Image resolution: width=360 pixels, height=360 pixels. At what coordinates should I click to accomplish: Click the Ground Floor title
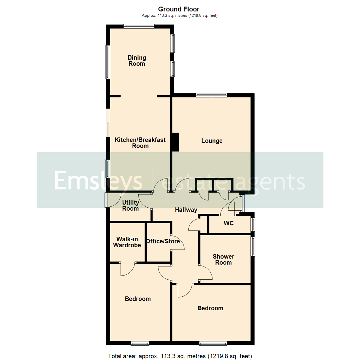pos(179,9)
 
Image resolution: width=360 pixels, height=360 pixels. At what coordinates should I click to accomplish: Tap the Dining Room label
pos(137,61)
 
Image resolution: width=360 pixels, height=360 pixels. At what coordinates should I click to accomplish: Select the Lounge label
pos(212,141)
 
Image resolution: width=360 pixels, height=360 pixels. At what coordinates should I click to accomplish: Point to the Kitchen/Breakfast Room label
pos(140,143)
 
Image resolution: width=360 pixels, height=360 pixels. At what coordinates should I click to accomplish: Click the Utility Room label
pos(130,205)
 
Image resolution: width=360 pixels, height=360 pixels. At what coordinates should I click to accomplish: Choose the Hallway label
pos(186,210)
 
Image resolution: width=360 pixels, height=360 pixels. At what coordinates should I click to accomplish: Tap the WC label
pos(229,223)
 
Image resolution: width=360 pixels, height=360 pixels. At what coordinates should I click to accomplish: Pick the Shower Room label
pos(223,259)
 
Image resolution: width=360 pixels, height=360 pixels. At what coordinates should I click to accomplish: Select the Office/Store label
pos(163,241)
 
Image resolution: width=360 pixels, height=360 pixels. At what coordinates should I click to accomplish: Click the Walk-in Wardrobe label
pos(127,242)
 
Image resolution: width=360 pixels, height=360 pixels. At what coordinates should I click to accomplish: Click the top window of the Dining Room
pos(139,25)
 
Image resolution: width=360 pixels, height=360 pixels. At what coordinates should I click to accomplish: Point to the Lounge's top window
pos(211,95)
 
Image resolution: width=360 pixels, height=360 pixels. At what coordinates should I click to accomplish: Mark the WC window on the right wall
pos(253,224)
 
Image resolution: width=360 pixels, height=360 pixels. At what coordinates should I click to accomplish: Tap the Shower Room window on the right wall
pos(253,247)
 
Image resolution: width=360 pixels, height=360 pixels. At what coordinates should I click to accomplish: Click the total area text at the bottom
pos(180,355)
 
